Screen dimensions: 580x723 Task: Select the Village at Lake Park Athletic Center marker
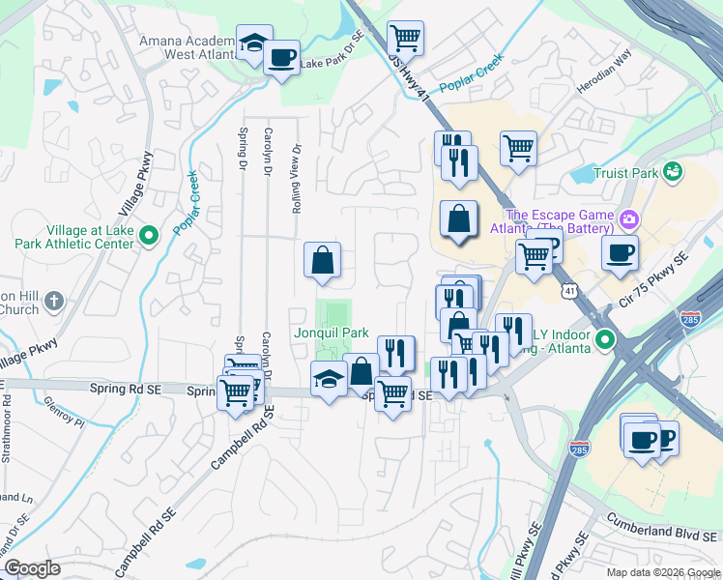[149, 235]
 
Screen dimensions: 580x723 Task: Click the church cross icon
[54, 300]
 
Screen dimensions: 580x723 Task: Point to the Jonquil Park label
[332, 333]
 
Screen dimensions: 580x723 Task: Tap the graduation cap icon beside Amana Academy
[254, 43]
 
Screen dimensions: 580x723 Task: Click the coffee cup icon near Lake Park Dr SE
[281, 57]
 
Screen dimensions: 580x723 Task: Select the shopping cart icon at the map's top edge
[405, 39]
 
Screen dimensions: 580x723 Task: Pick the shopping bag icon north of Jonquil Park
[323, 259]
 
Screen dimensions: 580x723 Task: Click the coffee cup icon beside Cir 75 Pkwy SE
[620, 253]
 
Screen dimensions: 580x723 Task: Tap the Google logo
[32, 568]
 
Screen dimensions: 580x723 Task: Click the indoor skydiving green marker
[605, 339]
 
